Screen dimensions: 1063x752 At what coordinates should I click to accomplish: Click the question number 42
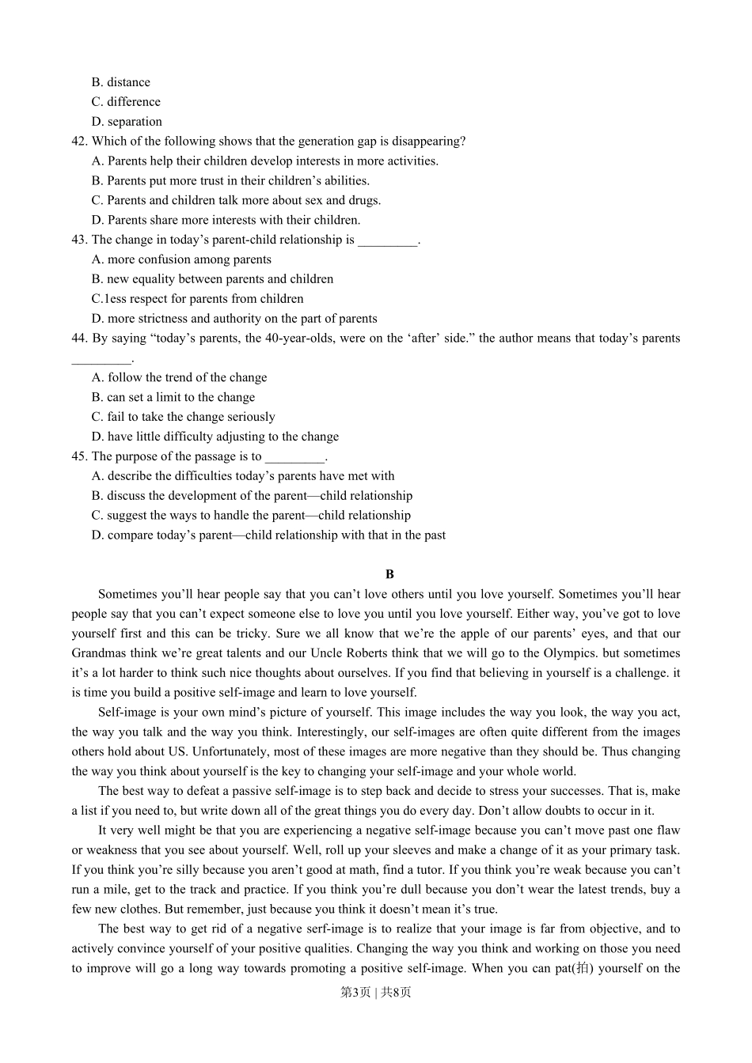[78, 142]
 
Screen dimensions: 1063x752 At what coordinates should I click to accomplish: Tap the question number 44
[78, 339]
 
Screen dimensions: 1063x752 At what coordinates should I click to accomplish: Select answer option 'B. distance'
[120, 82]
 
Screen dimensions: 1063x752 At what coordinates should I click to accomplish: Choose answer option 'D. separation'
[127, 122]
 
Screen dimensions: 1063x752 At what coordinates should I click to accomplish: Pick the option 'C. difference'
[126, 102]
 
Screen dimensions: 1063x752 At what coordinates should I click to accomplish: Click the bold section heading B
[389, 574]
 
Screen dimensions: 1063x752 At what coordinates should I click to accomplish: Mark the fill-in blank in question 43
[387, 240]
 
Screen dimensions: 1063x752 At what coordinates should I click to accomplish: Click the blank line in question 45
[294, 457]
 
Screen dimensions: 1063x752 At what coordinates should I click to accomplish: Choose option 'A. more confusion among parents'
[181, 259]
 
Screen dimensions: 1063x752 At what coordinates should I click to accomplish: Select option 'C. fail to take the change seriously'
[183, 417]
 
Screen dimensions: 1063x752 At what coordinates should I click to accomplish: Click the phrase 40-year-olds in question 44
[302, 339]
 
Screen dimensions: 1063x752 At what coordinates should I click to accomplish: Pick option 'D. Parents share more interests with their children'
[226, 220]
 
